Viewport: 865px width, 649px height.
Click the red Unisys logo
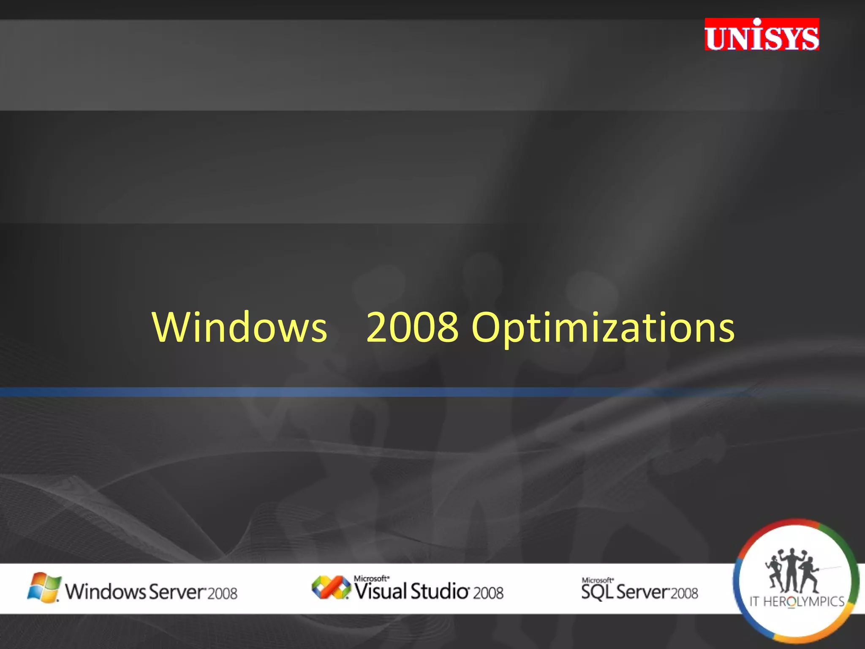(762, 35)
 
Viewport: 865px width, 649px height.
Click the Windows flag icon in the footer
(44, 587)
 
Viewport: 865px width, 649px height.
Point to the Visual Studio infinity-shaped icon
(331, 587)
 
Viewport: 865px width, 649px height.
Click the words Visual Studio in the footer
(411, 591)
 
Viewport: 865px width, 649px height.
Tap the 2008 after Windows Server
(223, 594)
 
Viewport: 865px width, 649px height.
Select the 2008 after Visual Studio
(488, 593)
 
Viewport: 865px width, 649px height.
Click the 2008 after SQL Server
(684, 593)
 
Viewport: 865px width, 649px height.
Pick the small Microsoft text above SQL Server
(597, 580)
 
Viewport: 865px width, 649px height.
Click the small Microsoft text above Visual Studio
(371, 578)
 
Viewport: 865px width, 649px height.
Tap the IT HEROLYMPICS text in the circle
(797, 601)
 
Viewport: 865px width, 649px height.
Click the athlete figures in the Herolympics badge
(792, 571)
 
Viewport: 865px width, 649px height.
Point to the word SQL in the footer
(597, 592)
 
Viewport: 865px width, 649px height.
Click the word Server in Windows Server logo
(177, 592)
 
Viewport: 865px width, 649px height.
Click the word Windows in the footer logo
(105, 592)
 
